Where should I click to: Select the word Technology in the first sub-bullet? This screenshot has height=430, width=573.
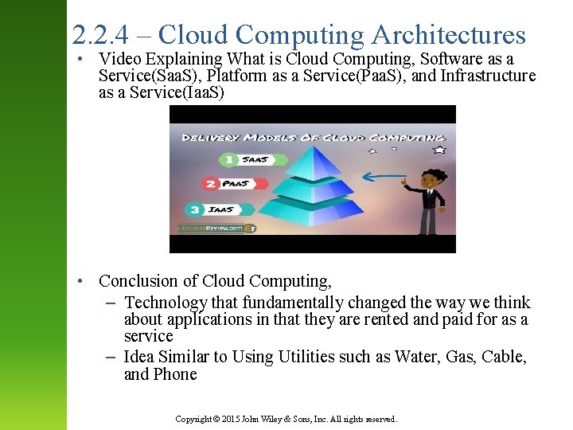[166, 303]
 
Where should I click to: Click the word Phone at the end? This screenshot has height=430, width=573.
[176, 374]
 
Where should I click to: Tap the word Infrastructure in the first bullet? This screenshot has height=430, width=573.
[487, 76]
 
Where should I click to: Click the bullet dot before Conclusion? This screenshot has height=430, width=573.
[81, 282]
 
